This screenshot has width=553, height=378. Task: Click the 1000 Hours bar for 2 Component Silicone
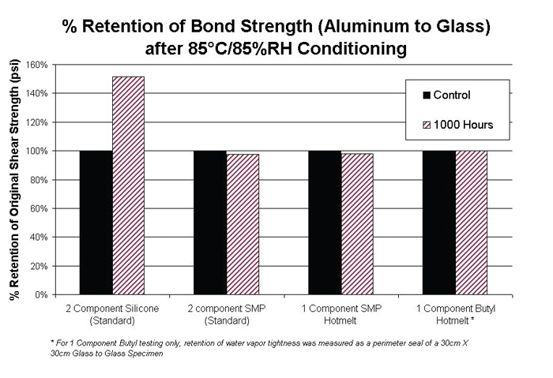tap(128, 185)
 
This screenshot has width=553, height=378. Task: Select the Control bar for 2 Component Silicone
tap(96, 223)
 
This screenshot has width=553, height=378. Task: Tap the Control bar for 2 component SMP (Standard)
tap(210, 223)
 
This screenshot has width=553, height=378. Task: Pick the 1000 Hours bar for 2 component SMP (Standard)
tap(243, 224)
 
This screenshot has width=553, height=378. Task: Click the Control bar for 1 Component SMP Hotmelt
tap(325, 223)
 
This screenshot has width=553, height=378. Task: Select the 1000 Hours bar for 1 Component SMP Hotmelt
tap(357, 224)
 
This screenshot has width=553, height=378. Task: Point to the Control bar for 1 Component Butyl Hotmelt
tap(439, 223)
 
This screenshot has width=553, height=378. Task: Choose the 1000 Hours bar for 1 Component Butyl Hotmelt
tap(472, 223)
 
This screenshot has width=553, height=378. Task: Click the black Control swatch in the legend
tap(427, 95)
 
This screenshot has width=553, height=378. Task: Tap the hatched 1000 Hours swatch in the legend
tap(427, 124)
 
